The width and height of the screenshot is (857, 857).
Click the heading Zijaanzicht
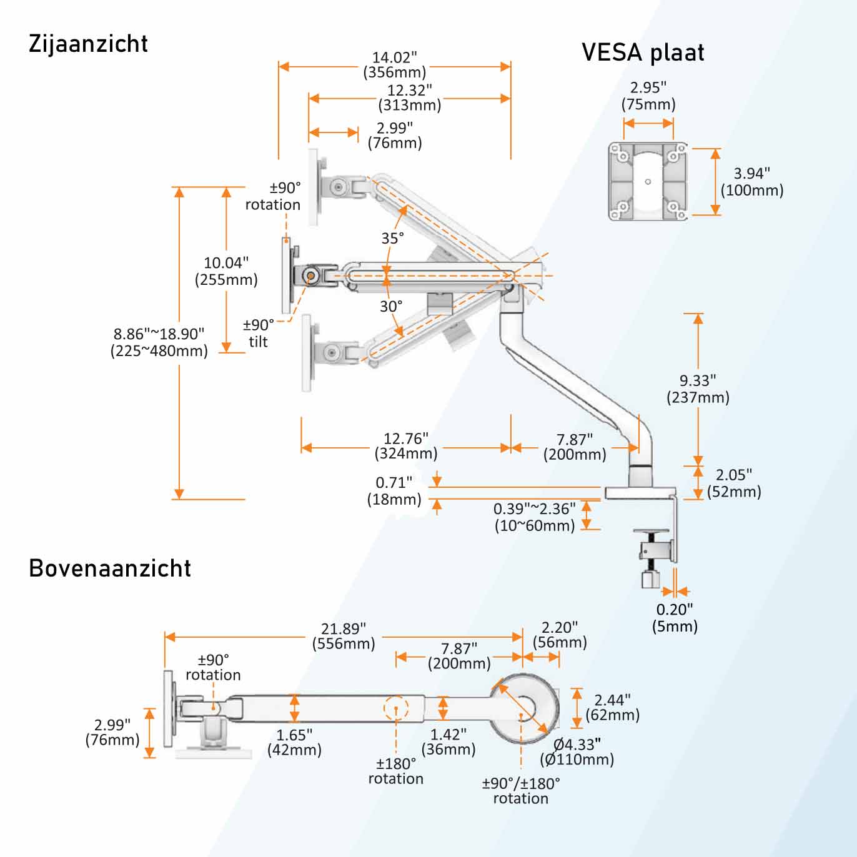(x=88, y=44)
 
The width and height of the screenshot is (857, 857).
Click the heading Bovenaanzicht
(x=110, y=568)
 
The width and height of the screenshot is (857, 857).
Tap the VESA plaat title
(x=643, y=52)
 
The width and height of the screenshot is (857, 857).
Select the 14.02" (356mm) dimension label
(x=395, y=65)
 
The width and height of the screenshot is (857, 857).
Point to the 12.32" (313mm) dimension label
(x=410, y=98)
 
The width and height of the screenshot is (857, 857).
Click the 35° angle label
(x=393, y=238)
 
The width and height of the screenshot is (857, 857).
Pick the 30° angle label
(x=391, y=306)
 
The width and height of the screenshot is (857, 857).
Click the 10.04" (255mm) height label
(x=226, y=271)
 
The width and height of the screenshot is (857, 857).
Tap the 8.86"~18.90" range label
(x=159, y=342)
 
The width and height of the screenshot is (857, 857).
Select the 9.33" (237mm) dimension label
(x=698, y=389)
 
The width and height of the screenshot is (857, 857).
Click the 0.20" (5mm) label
(x=675, y=618)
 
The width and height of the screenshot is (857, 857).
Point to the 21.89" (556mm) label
(x=344, y=636)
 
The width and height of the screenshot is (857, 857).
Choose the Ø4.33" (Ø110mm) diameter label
(x=577, y=752)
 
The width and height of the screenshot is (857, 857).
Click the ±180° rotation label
(x=396, y=771)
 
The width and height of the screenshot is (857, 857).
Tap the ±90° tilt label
(x=259, y=333)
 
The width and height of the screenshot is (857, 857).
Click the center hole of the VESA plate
(x=648, y=182)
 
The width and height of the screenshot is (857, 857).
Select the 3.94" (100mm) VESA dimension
(x=752, y=182)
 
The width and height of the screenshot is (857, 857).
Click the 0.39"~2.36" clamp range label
(x=535, y=517)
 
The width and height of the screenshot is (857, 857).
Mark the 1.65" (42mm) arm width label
(x=294, y=742)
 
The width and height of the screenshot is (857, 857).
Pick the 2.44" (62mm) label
(x=612, y=707)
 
